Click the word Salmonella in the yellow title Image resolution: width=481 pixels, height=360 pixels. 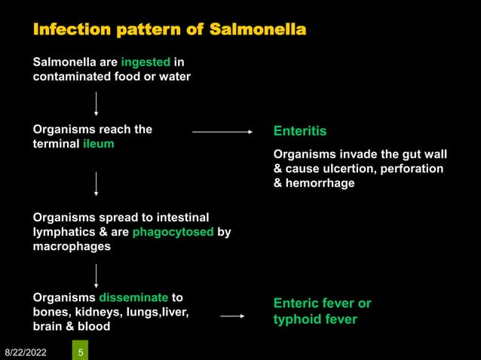[x=258, y=30]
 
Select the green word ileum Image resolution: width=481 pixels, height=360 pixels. [x=98, y=143]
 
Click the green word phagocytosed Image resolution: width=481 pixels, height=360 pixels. [x=173, y=232]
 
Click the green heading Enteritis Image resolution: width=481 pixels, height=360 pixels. [x=299, y=131]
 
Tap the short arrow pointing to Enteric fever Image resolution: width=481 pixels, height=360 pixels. [x=232, y=316]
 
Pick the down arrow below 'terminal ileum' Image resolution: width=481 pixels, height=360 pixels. [x=96, y=183]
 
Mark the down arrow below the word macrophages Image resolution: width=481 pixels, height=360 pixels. [x=96, y=275]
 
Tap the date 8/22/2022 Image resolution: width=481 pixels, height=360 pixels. [x=26, y=351]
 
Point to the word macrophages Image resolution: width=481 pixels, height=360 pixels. [x=72, y=246]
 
